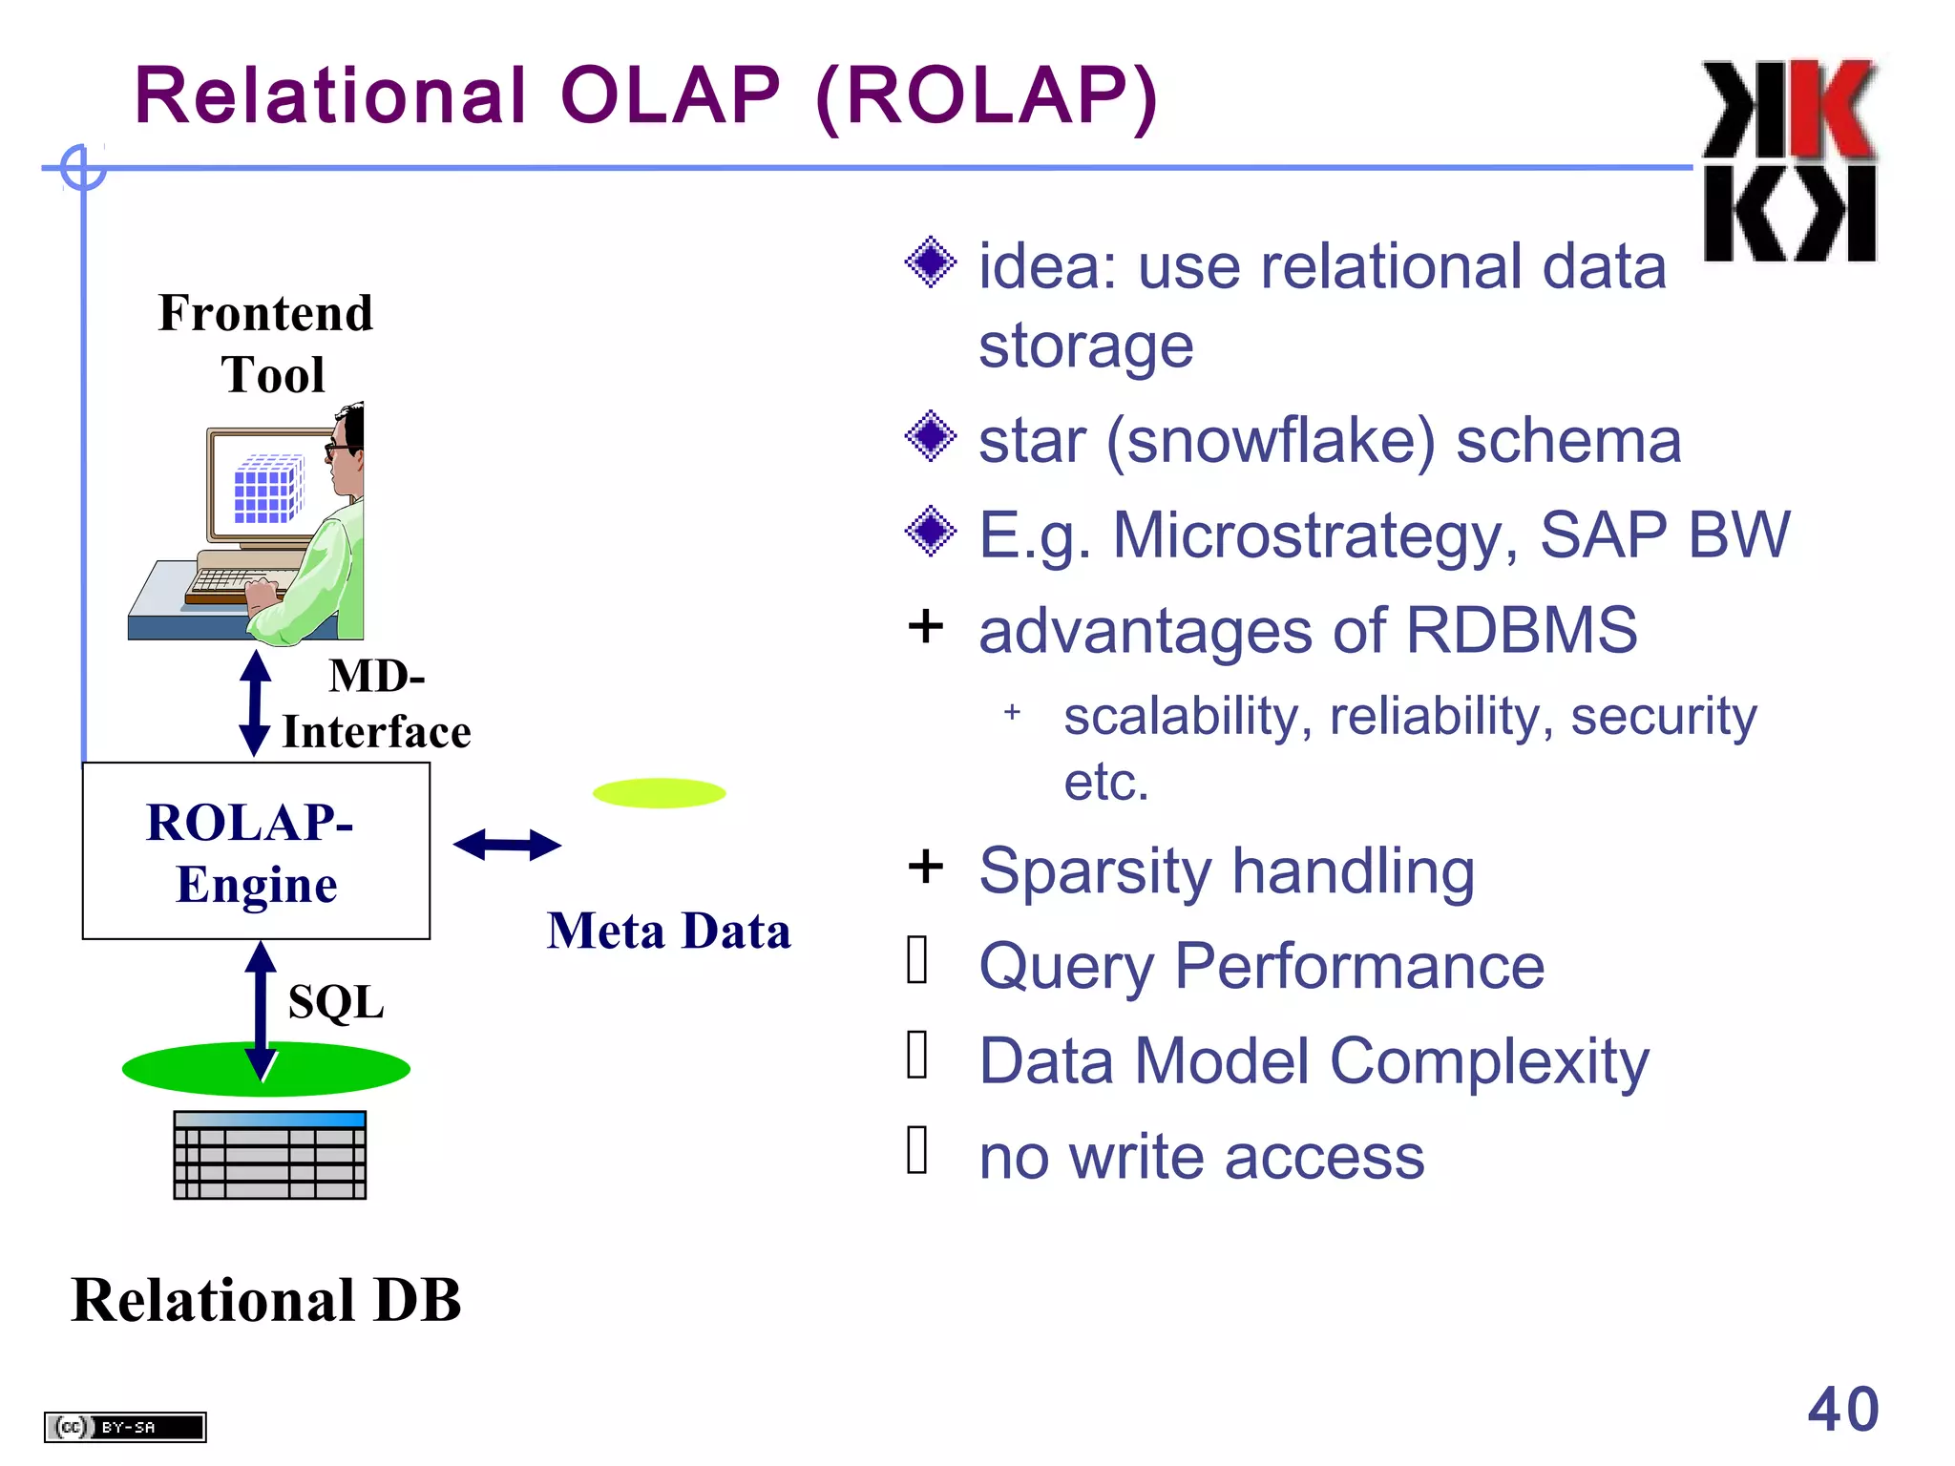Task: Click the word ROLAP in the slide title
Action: (x=987, y=96)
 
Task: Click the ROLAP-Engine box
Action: (x=256, y=850)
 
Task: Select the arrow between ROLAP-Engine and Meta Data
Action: (x=507, y=845)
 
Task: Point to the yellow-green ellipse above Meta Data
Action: (x=659, y=793)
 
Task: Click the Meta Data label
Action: (x=668, y=931)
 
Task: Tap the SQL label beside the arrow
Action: (x=336, y=1002)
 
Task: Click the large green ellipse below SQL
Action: (x=266, y=1069)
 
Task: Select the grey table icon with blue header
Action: (x=270, y=1155)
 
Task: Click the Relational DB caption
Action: (x=266, y=1300)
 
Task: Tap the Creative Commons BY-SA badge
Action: (x=125, y=1427)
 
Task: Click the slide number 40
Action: (x=1842, y=1409)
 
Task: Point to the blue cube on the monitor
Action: (x=268, y=490)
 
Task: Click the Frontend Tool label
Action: (x=266, y=343)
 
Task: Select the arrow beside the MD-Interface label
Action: (x=254, y=703)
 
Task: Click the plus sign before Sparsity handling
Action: (x=925, y=867)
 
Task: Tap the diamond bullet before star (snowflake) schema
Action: (x=930, y=437)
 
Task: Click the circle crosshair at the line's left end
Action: (x=83, y=168)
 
